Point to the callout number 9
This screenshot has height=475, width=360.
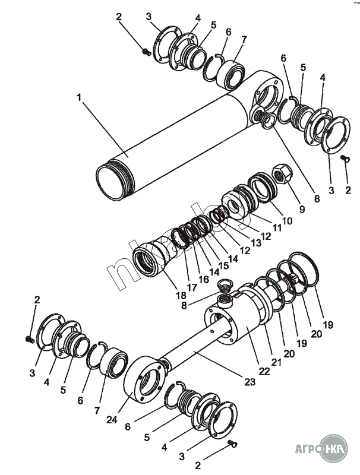302,208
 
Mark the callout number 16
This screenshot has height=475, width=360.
204,279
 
